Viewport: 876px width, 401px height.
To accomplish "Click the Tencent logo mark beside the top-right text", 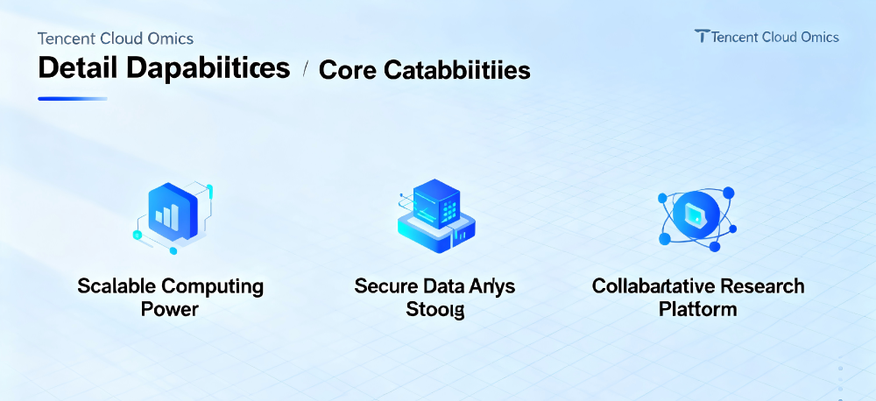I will [702, 36].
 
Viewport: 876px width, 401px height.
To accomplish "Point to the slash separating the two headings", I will [304, 69].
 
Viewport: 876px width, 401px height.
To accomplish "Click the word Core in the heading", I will [344, 70].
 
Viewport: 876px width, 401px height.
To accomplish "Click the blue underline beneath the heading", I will [73, 99].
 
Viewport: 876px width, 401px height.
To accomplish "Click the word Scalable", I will [111, 286].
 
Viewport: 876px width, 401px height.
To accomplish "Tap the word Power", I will [170, 309].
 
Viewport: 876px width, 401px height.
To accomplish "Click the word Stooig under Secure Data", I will [435, 310].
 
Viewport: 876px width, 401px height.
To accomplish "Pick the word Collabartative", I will [652, 286].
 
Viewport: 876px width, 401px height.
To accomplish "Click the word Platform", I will [697, 309].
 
